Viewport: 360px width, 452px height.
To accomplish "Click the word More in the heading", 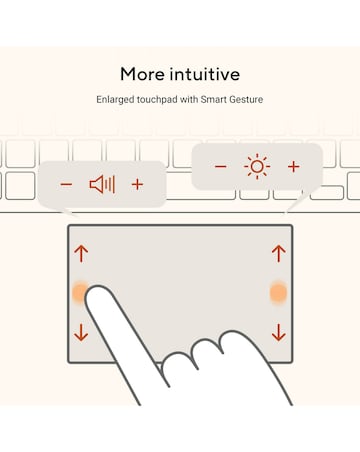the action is click(143, 74).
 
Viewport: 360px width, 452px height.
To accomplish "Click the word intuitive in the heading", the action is click(205, 74).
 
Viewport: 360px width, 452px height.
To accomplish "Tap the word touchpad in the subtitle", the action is click(157, 99).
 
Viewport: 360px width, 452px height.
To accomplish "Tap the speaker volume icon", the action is click(102, 184).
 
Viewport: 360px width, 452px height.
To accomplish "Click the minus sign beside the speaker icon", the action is click(66, 184).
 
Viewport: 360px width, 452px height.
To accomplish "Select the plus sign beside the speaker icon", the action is click(137, 184).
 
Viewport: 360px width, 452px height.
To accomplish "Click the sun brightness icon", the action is click(257, 166).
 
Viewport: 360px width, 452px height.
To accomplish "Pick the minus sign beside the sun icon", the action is click(221, 166).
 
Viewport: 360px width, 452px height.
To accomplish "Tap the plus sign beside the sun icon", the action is click(294, 166).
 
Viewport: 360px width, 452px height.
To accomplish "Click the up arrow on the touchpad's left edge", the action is click(81, 253).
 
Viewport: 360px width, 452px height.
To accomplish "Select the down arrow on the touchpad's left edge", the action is click(81, 333).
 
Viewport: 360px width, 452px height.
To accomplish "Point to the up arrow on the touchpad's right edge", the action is click(279, 253).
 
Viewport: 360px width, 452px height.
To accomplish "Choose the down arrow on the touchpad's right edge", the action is click(279, 333).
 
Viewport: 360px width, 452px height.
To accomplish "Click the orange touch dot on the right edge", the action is click(278, 293).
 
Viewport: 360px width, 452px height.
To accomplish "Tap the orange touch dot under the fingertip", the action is click(79, 292).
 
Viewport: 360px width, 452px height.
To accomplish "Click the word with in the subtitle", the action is click(189, 99).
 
